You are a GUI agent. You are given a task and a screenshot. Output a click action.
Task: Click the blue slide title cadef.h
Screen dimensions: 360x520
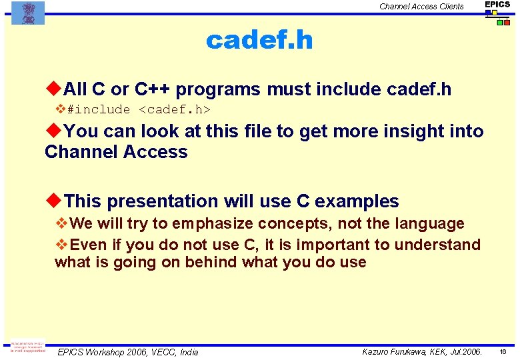coord(259,41)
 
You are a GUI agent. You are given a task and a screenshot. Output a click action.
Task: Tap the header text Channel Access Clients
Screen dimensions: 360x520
coord(421,7)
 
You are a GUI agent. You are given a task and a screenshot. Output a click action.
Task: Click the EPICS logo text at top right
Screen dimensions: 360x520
coord(497,5)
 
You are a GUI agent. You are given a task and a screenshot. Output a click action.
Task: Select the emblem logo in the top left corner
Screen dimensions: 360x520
coord(28,12)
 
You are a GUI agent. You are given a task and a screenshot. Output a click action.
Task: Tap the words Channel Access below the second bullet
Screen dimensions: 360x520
coord(116,152)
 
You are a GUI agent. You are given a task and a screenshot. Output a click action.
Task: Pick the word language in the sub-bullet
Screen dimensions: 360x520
coord(431,223)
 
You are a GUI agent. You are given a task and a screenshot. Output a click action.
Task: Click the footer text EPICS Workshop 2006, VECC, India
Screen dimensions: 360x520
coord(128,352)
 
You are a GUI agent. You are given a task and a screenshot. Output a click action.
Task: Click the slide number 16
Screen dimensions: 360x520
coord(503,351)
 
